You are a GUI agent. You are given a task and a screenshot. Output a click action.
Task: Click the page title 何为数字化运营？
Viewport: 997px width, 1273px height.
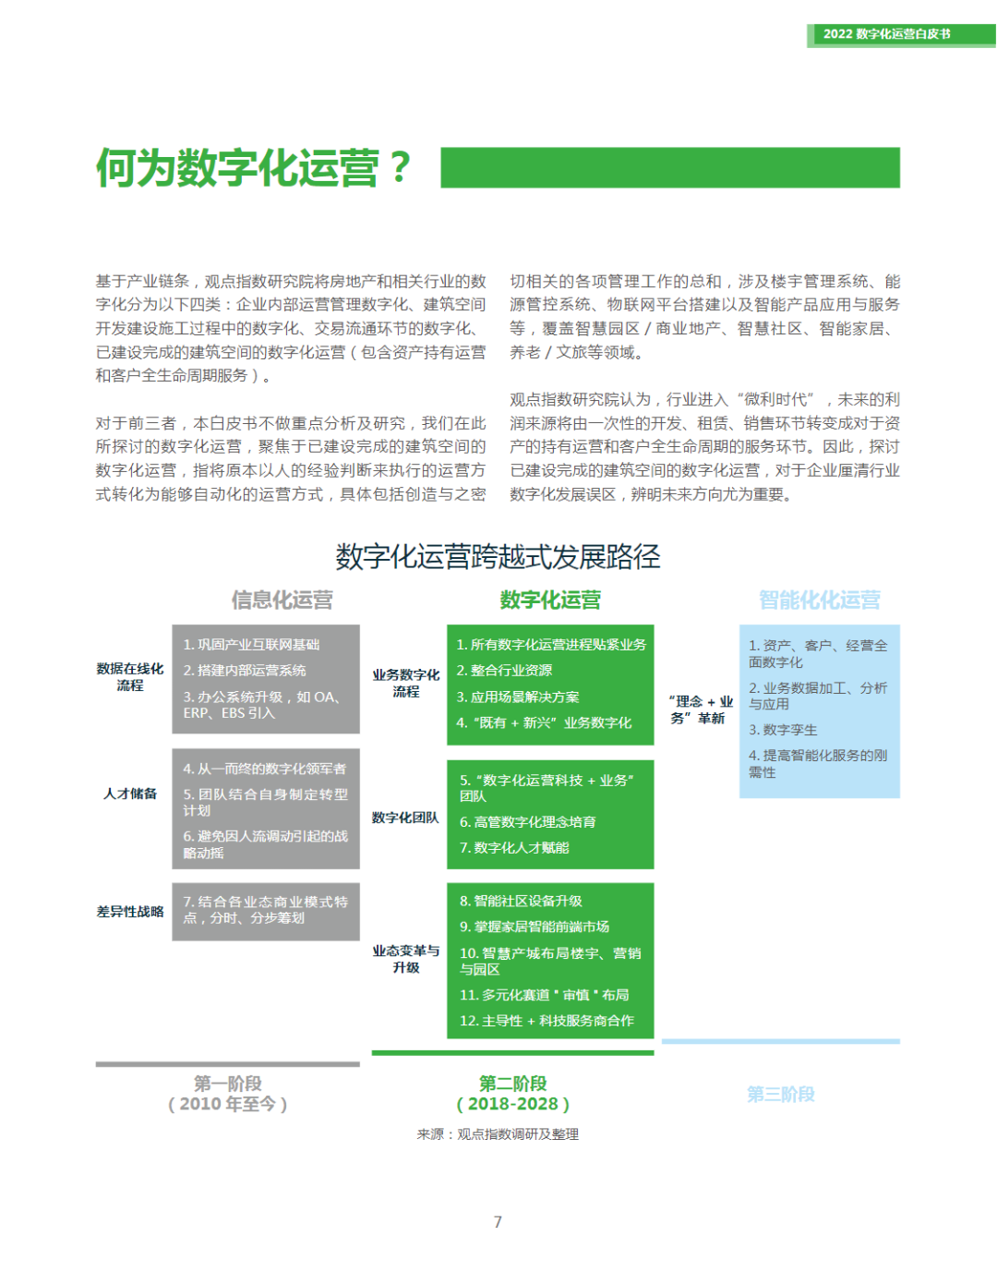pyautogui.click(x=253, y=168)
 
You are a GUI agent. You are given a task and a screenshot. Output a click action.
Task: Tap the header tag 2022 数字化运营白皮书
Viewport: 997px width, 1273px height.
pyautogui.click(x=886, y=34)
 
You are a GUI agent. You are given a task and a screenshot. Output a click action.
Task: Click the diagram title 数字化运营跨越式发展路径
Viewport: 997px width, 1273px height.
pyautogui.click(x=498, y=556)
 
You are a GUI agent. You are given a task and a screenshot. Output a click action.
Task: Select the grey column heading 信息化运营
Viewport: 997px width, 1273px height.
pyautogui.click(x=282, y=600)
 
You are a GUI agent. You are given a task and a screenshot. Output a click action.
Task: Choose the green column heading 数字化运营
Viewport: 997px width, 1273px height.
pyautogui.click(x=550, y=600)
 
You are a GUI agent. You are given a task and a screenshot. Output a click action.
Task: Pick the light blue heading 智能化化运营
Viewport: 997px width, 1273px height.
pyautogui.click(x=819, y=600)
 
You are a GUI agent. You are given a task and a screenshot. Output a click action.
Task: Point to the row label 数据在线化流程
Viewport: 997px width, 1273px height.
pyautogui.click(x=130, y=677)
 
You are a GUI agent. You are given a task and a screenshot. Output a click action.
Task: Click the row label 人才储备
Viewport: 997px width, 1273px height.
pyautogui.click(x=130, y=794)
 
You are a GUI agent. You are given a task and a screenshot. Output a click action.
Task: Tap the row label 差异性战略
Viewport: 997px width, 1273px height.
pyautogui.click(x=130, y=912)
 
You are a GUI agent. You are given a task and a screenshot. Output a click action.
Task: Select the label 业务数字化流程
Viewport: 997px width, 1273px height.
pyautogui.click(x=406, y=684)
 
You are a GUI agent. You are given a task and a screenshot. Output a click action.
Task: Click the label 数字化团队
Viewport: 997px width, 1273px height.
pyautogui.click(x=405, y=818)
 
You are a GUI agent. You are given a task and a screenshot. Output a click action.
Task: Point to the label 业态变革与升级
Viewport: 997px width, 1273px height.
pyautogui.click(x=406, y=959)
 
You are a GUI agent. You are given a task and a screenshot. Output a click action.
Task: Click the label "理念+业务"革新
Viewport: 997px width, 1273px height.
pyautogui.click(x=701, y=709)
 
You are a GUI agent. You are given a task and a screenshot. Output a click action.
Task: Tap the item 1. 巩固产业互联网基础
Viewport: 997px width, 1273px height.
pyautogui.click(x=251, y=645)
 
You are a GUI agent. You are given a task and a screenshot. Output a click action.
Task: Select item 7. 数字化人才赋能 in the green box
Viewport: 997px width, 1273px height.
pyautogui.click(x=514, y=848)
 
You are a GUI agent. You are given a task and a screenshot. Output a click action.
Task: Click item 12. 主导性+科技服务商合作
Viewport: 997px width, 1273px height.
pyautogui.click(x=547, y=1021)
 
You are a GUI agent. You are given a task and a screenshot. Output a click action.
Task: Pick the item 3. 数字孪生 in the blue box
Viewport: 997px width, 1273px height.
pyautogui.click(x=783, y=730)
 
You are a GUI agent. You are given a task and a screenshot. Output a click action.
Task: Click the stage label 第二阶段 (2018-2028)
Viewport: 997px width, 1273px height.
pyautogui.click(x=512, y=1094)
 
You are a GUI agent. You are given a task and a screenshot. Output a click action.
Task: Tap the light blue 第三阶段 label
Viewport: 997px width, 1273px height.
pyautogui.click(x=780, y=1095)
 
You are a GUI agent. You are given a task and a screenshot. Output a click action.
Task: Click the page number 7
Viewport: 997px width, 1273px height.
pyautogui.click(x=498, y=1222)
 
